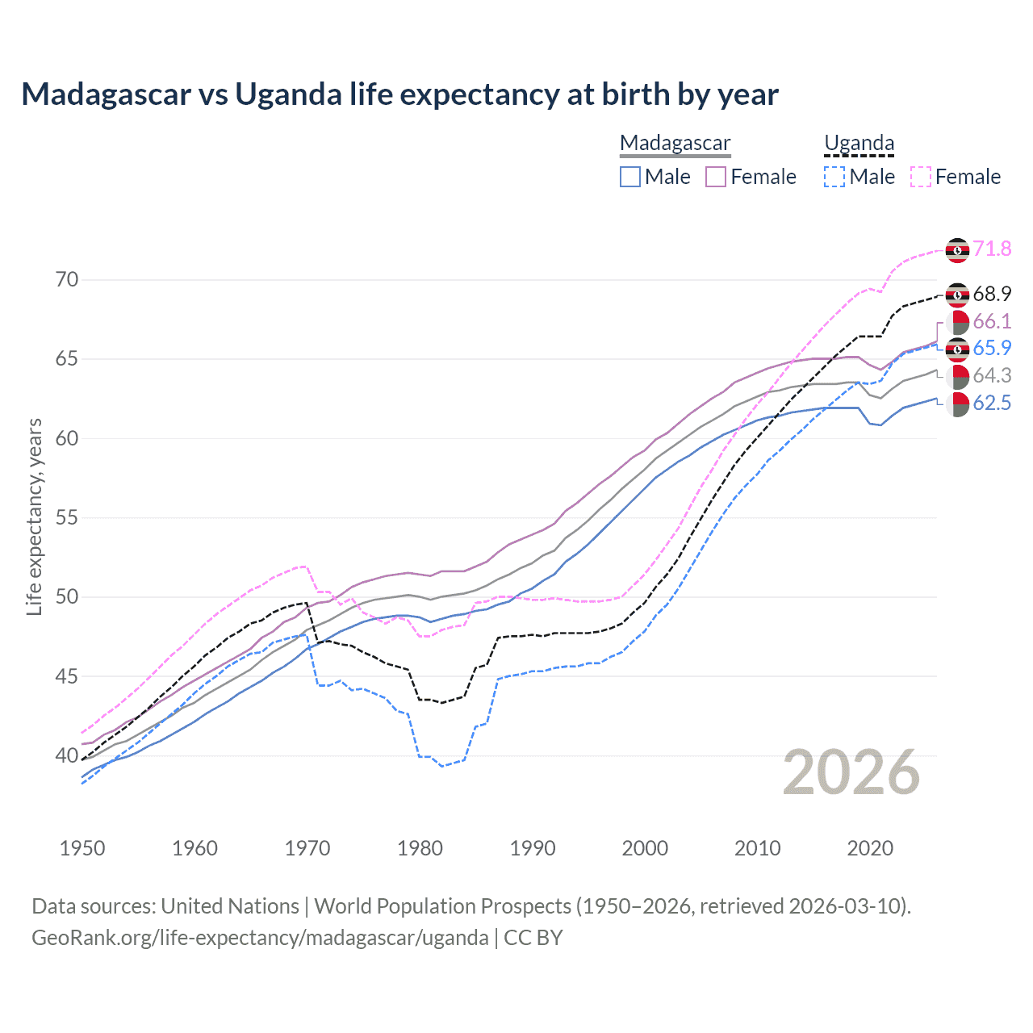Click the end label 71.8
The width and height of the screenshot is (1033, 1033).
click(x=992, y=249)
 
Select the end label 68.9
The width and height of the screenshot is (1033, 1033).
click(x=992, y=294)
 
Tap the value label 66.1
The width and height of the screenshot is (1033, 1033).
click(x=992, y=321)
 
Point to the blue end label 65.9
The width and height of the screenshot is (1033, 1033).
click(x=992, y=348)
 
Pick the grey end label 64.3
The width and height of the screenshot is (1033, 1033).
click(x=992, y=375)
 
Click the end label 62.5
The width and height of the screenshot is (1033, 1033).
click(x=992, y=403)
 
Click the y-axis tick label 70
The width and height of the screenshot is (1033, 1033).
click(x=67, y=280)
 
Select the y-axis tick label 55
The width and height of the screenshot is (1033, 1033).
click(x=67, y=517)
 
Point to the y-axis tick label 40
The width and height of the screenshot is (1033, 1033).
click(x=67, y=755)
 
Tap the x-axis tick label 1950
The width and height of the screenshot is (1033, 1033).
click(x=82, y=848)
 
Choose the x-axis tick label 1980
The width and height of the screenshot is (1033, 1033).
click(x=420, y=848)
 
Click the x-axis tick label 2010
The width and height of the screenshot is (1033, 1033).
click(x=757, y=848)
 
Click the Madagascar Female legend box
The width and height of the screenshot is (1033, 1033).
click(x=716, y=177)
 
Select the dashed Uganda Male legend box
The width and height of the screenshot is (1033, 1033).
click(x=834, y=177)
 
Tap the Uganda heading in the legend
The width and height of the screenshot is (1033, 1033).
click(x=859, y=143)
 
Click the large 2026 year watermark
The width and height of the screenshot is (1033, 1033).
click(x=851, y=772)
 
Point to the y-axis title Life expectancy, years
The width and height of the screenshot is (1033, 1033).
click(x=35, y=517)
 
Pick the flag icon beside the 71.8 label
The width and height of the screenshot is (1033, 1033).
click(x=957, y=250)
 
